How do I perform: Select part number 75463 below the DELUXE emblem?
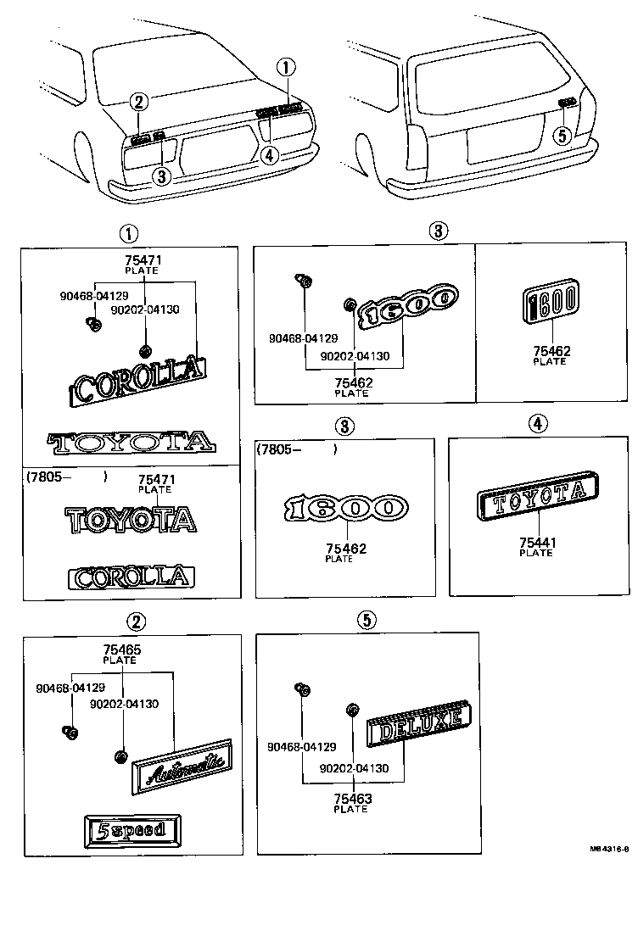coord(352,799)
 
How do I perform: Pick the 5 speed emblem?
coord(132,830)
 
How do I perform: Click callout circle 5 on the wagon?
coord(560,135)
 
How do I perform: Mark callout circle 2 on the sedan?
coord(140,103)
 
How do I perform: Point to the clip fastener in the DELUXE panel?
coord(299,688)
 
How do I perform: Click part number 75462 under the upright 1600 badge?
coord(551,351)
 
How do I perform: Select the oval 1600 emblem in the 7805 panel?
coord(345,508)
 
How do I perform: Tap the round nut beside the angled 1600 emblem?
coord(350,305)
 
